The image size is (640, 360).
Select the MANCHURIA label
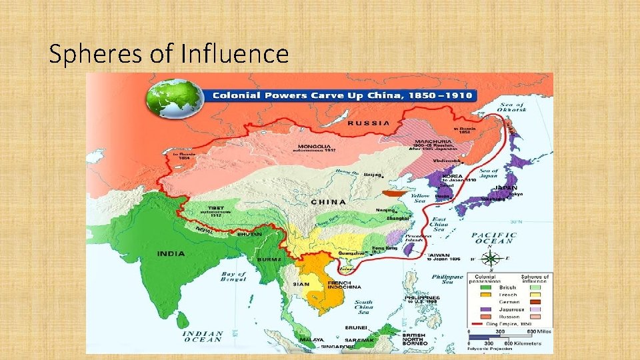point(433,141)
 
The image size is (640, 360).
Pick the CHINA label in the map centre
point(329,201)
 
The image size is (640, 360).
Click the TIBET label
point(201,208)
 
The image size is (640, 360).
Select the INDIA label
point(171,253)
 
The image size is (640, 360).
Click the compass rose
point(490,260)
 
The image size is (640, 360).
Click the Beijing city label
point(373,175)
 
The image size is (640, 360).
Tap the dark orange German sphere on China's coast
point(393,193)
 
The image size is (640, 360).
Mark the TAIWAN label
point(439,255)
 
